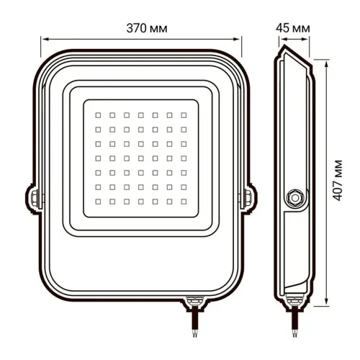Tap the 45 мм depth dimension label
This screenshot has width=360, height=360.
(x=293, y=27)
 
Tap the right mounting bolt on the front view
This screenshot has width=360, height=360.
(x=248, y=195)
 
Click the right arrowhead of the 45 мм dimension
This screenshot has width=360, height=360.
(x=309, y=40)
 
